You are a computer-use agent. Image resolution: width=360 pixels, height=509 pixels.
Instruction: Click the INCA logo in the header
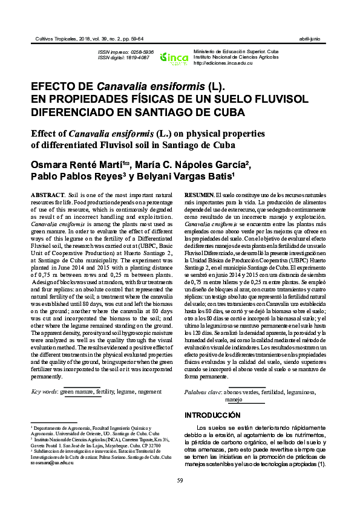coord(174,58)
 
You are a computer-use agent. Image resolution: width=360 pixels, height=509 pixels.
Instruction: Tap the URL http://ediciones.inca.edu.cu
coord(223,63)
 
